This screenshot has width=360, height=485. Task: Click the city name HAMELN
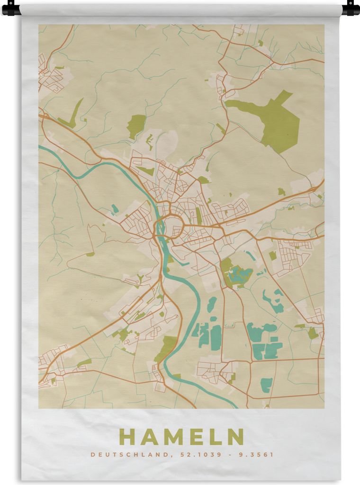point(181,437)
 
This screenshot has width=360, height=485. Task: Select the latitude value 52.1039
point(194,455)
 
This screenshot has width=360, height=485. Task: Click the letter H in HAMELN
point(127,437)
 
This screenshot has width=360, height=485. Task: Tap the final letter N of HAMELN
point(235,437)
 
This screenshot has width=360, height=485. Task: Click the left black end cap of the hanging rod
point(11,9)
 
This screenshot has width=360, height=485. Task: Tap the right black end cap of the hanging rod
point(351,9)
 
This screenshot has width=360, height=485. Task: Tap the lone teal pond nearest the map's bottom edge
point(267,385)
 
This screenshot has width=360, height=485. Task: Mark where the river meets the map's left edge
point(40,147)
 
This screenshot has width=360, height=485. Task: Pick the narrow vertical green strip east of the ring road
point(199,216)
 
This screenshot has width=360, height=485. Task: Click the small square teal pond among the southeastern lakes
point(273,339)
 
